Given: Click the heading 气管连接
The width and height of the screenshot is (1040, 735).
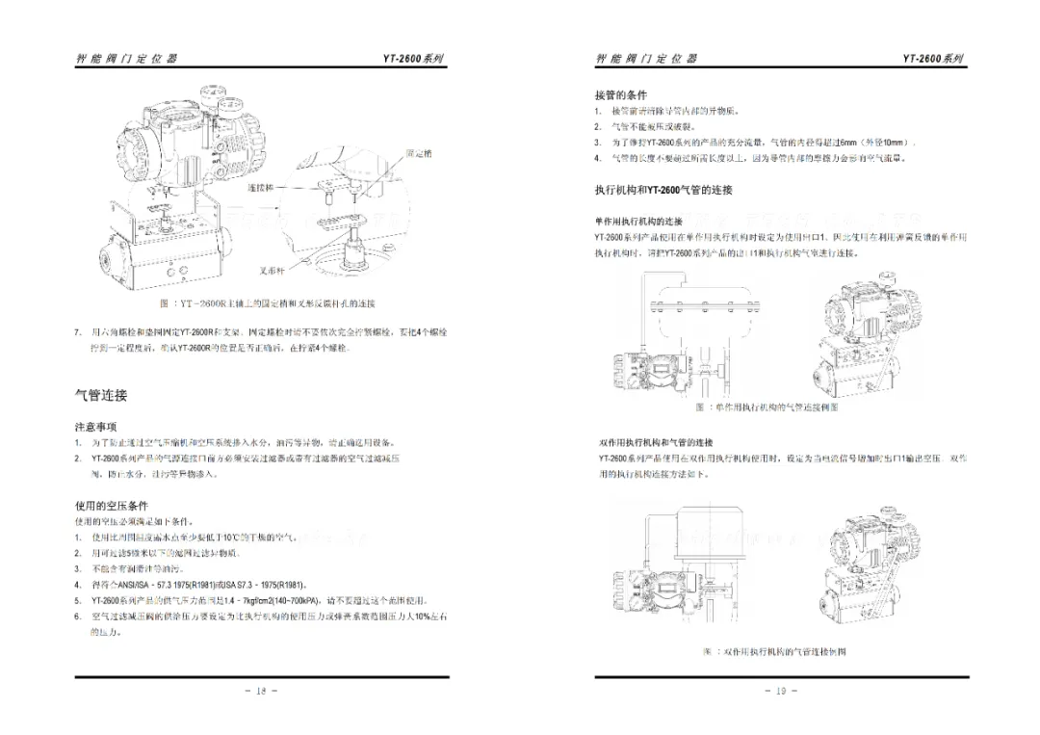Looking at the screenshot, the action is tap(101, 395).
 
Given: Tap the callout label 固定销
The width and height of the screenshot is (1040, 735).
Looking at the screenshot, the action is tap(419, 153).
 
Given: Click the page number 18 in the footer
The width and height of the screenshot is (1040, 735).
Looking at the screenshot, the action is tap(261, 691).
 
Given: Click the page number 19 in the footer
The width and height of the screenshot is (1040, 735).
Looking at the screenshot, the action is tap(781, 691).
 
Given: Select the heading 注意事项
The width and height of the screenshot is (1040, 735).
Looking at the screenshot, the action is tap(95, 426).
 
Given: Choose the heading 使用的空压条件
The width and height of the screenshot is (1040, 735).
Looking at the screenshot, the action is tap(112, 506).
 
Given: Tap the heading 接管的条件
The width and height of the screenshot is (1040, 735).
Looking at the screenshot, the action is tap(620, 95).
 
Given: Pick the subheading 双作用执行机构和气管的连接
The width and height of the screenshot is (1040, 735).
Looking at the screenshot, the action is tap(655, 442).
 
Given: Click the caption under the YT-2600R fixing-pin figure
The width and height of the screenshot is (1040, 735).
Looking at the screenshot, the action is tap(267, 303).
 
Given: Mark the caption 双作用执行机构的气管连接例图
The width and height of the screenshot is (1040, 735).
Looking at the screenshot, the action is tap(774, 652).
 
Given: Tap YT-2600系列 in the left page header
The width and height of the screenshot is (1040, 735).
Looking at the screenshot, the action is tap(414, 58).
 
